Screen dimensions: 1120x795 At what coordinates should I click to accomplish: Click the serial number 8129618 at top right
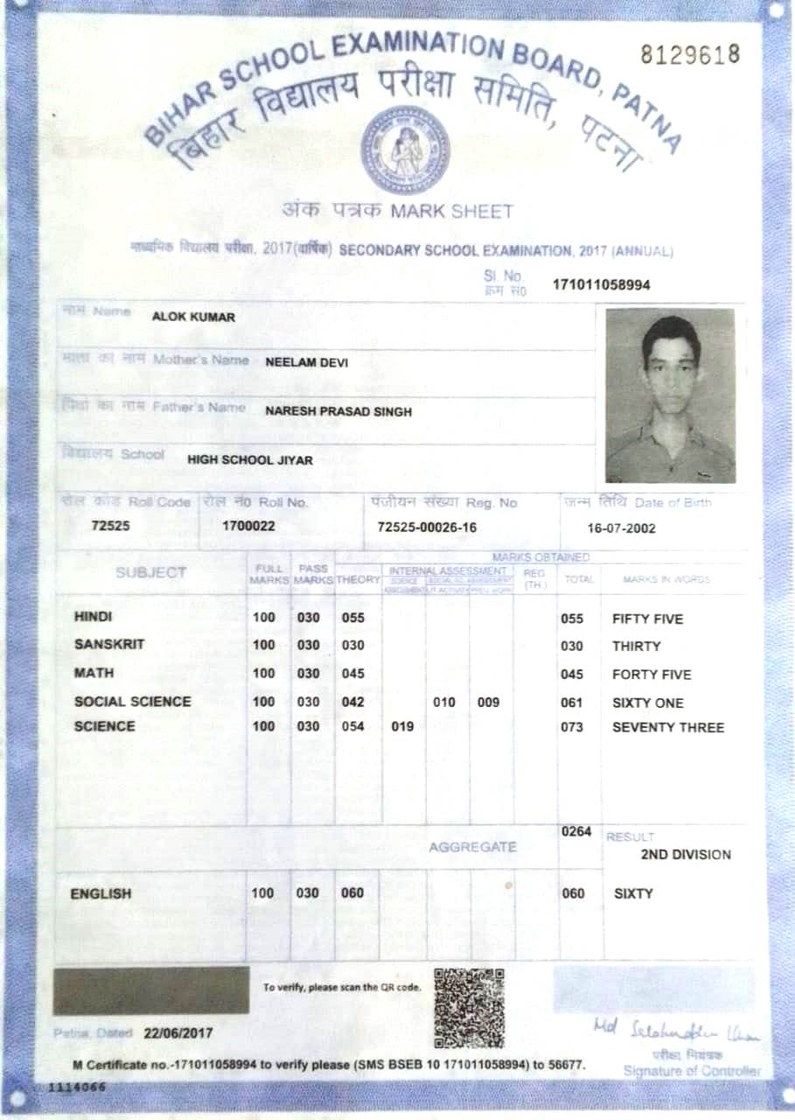(x=690, y=54)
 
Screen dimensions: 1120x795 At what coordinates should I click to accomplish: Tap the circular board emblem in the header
(x=405, y=144)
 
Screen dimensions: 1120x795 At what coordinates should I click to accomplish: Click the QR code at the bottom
(x=469, y=1007)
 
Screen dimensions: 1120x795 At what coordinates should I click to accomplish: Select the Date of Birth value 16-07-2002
(x=621, y=528)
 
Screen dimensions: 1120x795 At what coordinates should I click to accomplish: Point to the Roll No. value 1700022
(x=248, y=527)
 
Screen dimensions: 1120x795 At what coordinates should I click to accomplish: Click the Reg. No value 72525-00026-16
(x=427, y=528)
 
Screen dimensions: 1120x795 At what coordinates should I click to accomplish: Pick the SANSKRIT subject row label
(x=109, y=645)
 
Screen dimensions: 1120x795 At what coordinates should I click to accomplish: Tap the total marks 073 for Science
(x=571, y=727)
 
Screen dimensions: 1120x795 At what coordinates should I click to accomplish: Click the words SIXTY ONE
(x=647, y=703)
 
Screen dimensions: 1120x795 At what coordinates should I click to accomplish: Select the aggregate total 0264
(x=576, y=832)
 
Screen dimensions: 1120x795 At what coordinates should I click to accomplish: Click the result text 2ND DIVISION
(x=685, y=855)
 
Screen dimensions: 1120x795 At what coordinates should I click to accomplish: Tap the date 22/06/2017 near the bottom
(x=178, y=1032)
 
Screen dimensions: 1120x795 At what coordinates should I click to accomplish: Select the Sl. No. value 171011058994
(x=601, y=285)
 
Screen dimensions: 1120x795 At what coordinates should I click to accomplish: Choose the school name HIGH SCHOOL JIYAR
(x=249, y=460)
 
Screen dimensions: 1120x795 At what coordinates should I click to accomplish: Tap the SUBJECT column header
(x=150, y=573)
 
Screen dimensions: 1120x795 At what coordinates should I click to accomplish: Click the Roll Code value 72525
(x=110, y=527)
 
